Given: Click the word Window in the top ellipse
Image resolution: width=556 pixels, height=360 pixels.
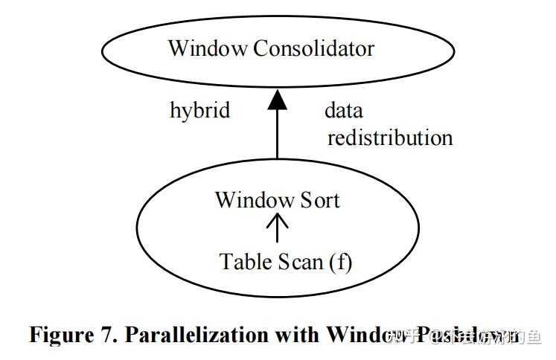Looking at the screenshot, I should (x=207, y=49).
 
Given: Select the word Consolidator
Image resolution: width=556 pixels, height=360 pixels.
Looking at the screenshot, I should (x=313, y=49).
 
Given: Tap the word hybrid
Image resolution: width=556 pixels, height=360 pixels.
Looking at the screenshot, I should (x=199, y=111).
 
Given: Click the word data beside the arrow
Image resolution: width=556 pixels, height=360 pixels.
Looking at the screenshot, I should (x=344, y=111).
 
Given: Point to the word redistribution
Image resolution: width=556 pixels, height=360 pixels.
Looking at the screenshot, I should (x=390, y=138).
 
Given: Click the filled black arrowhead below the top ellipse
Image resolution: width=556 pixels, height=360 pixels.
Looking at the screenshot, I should (x=278, y=98).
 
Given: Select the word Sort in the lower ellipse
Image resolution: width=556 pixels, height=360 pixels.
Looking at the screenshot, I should (x=320, y=200).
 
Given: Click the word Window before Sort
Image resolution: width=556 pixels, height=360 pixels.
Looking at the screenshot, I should (x=255, y=200).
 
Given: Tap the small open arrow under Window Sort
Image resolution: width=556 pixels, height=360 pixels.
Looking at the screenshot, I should (x=278, y=227).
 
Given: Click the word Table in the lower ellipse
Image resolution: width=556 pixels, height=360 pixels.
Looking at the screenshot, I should (x=246, y=262).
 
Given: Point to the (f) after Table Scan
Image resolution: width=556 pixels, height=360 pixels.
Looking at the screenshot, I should (x=339, y=262).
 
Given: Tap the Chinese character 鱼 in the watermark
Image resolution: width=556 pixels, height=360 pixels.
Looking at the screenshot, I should (x=533, y=337).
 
